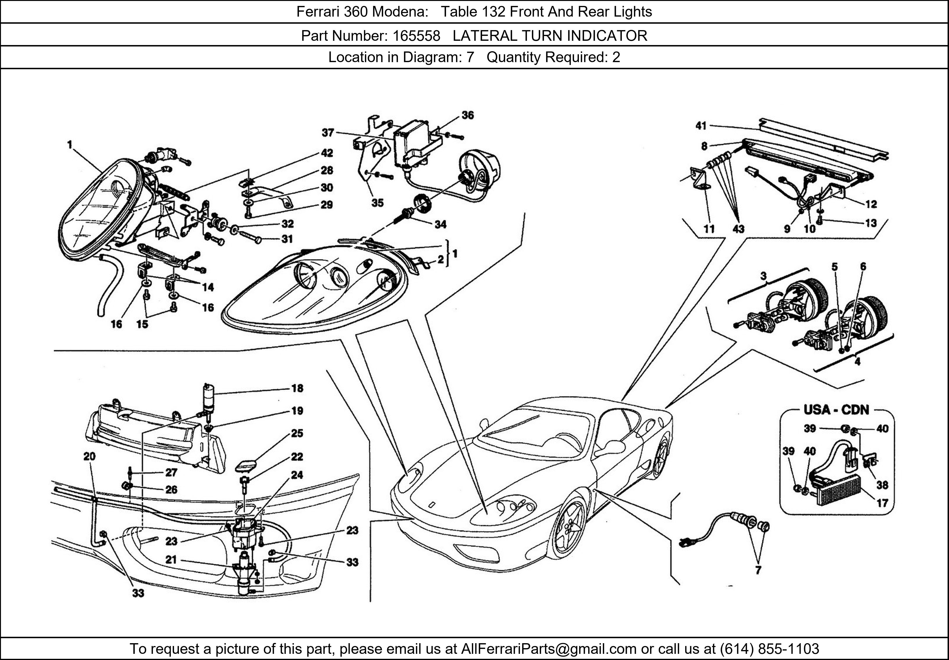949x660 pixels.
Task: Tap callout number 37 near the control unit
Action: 328,133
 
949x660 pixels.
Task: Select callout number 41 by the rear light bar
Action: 701,126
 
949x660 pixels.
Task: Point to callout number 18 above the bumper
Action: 297,388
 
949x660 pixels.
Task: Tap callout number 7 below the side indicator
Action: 758,570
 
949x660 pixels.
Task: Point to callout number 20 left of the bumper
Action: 89,456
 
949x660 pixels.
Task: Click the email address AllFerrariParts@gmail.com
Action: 549,649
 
